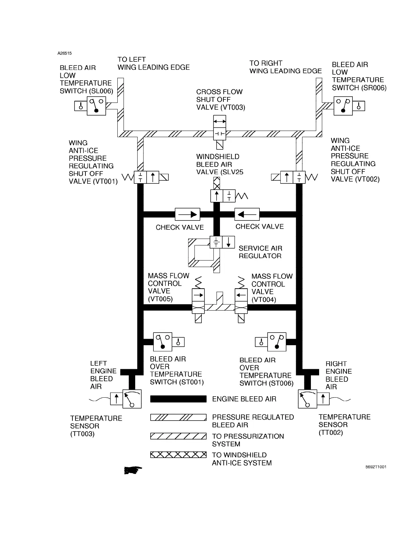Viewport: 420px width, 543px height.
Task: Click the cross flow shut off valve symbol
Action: (x=220, y=128)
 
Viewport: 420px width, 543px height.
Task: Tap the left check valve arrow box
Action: (x=187, y=214)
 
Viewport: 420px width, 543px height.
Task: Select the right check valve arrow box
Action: (x=247, y=214)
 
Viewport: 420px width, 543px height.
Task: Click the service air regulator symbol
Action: (x=222, y=242)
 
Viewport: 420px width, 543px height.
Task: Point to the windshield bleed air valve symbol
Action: (x=223, y=196)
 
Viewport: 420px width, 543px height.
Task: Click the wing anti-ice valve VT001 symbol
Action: (x=147, y=178)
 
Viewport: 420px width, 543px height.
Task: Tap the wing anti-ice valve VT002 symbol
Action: (x=293, y=178)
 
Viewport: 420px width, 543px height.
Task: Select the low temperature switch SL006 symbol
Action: (x=96, y=106)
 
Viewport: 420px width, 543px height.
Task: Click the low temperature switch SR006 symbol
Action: (x=343, y=106)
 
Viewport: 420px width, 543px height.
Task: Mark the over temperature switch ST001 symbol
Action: (x=162, y=341)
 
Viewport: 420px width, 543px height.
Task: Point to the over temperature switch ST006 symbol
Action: (x=277, y=341)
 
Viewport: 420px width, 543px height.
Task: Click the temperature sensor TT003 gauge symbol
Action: (x=132, y=399)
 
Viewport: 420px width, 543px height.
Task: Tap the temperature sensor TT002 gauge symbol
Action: (x=307, y=399)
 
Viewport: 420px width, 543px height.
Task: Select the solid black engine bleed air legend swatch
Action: (x=178, y=399)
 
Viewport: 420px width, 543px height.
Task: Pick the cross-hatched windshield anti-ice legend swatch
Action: (x=178, y=455)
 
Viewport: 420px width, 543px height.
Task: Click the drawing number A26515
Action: (x=65, y=53)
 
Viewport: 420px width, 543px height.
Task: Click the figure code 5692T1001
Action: (x=376, y=467)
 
